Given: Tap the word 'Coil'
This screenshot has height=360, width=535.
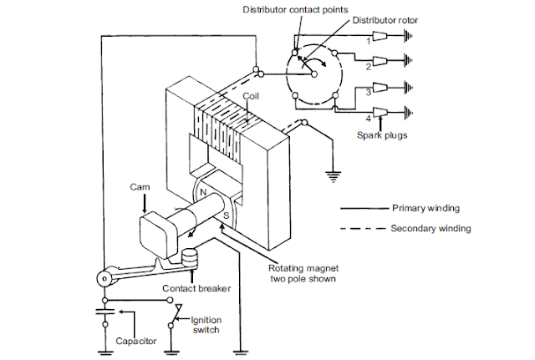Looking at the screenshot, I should [x=250, y=96].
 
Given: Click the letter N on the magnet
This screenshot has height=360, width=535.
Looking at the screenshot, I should [x=201, y=193].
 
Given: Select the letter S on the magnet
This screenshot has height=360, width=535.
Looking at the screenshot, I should [x=225, y=216].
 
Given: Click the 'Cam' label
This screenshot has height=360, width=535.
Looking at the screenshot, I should [x=139, y=187].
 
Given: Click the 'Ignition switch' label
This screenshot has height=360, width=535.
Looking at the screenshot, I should [x=206, y=323].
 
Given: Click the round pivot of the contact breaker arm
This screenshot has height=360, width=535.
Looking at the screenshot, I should [x=105, y=277].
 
